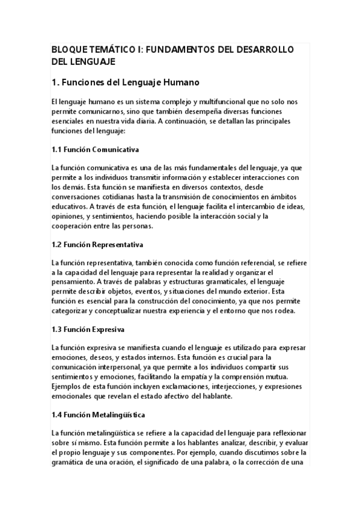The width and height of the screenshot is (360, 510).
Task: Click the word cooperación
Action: pyautogui.click(x=73, y=226)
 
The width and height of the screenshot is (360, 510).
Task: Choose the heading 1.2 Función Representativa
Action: pyautogui.click(x=97, y=245)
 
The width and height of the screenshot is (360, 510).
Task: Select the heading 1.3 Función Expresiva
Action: pyautogui.click(x=89, y=330)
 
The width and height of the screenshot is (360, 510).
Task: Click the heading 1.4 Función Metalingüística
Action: pyautogui.click(x=99, y=415)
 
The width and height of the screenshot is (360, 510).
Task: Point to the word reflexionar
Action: pyautogui.click(x=286, y=432)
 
